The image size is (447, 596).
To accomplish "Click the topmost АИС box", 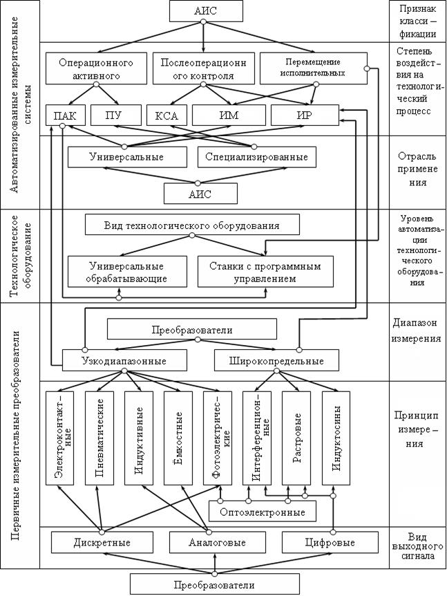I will point(203,11).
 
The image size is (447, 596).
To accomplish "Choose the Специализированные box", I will point(256,157).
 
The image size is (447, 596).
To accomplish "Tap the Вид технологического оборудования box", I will point(191,225).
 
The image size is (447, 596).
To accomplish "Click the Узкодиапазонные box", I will point(124,360).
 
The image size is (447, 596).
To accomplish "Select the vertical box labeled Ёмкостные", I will point(178,438).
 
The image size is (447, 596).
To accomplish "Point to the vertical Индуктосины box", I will point(336,438).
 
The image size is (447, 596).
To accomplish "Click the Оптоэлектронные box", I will point(262,512).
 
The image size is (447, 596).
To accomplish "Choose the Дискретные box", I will point(102,542).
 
